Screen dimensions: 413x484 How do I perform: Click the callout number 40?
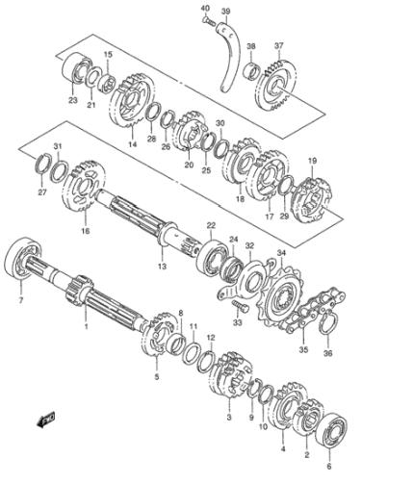point(205,8)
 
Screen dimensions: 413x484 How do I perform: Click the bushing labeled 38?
point(252,71)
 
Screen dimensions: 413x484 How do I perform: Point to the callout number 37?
point(279,45)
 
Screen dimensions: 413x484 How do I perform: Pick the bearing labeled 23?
point(76,68)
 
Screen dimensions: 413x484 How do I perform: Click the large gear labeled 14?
point(131,101)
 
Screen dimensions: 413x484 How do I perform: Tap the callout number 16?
point(86,230)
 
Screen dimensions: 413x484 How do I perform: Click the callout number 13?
point(163,266)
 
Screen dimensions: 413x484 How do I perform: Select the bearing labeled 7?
point(23,260)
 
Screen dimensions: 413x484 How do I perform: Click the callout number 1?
point(86,326)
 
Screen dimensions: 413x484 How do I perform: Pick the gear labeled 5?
point(158,335)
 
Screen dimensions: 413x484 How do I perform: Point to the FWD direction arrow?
point(45,420)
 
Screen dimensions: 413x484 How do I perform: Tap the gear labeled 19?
point(311,201)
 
